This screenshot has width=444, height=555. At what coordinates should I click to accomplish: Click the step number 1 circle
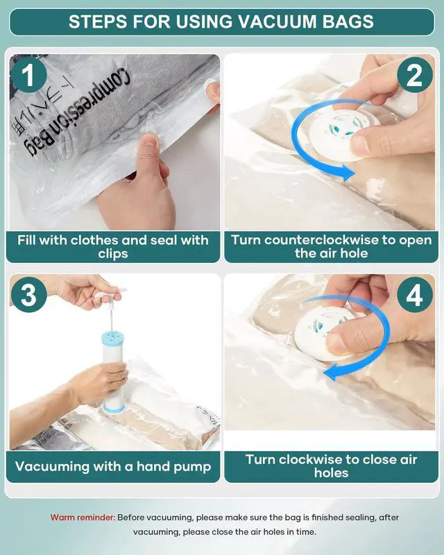tap(28, 75)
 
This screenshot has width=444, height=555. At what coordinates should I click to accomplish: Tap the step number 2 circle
tap(415, 75)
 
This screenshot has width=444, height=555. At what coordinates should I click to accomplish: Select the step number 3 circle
tap(28, 294)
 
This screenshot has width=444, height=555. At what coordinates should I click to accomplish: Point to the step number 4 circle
tap(415, 294)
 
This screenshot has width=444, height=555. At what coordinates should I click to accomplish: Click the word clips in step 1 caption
tap(113, 254)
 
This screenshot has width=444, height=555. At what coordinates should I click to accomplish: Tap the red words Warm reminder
tap(83, 518)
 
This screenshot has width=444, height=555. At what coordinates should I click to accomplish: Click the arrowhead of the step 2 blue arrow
tap(347, 173)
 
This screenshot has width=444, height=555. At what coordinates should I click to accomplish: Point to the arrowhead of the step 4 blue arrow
tap(331, 373)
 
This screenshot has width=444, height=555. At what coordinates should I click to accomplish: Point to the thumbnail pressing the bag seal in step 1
tap(151, 139)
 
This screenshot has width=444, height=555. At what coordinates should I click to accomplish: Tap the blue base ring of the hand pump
tap(114, 409)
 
